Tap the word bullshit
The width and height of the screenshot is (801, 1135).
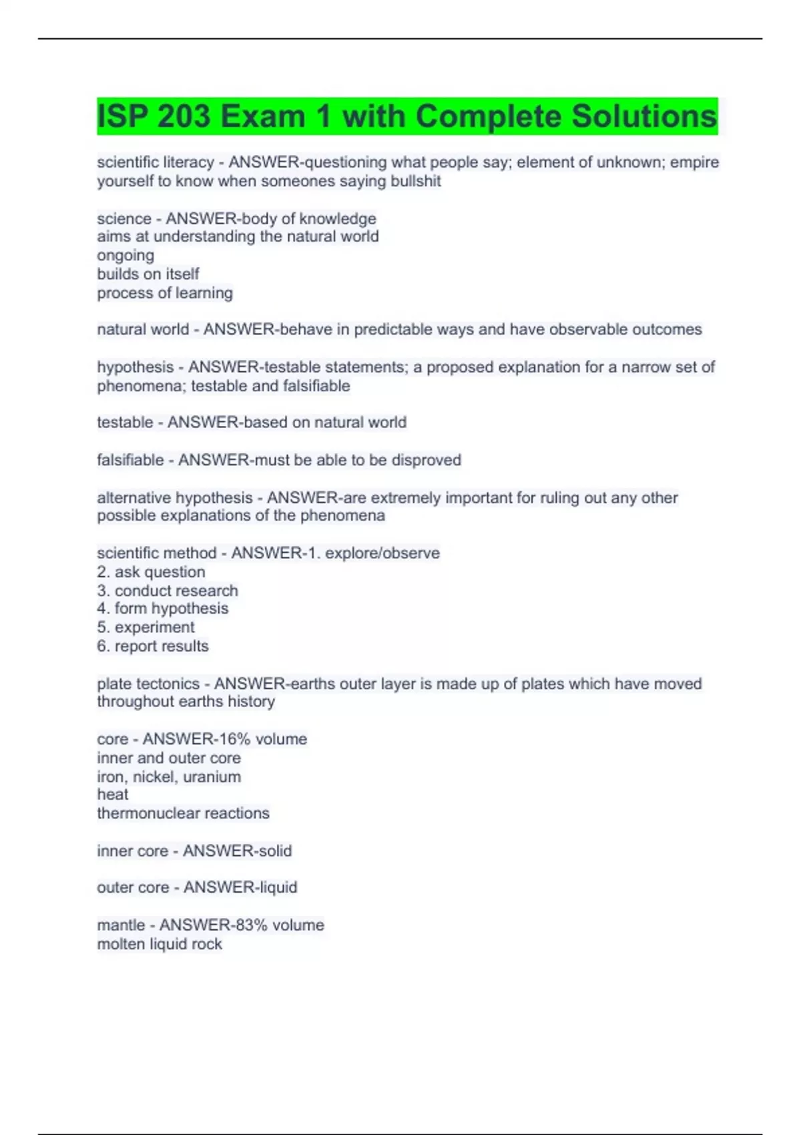(x=415, y=181)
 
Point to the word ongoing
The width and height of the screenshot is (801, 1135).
(x=125, y=256)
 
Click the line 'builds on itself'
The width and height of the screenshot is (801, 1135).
(x=148, y=274)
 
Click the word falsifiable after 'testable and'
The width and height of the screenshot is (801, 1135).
(x=316, y=386)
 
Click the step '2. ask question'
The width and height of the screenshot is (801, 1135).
(x=151, y=572)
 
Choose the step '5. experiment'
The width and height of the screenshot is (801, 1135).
(x=146, y=628)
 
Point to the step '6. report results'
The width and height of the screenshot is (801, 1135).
(x=153, y=646)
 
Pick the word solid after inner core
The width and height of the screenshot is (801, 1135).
(x=274, y=851)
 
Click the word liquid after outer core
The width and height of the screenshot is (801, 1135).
(x=278, y=887)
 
